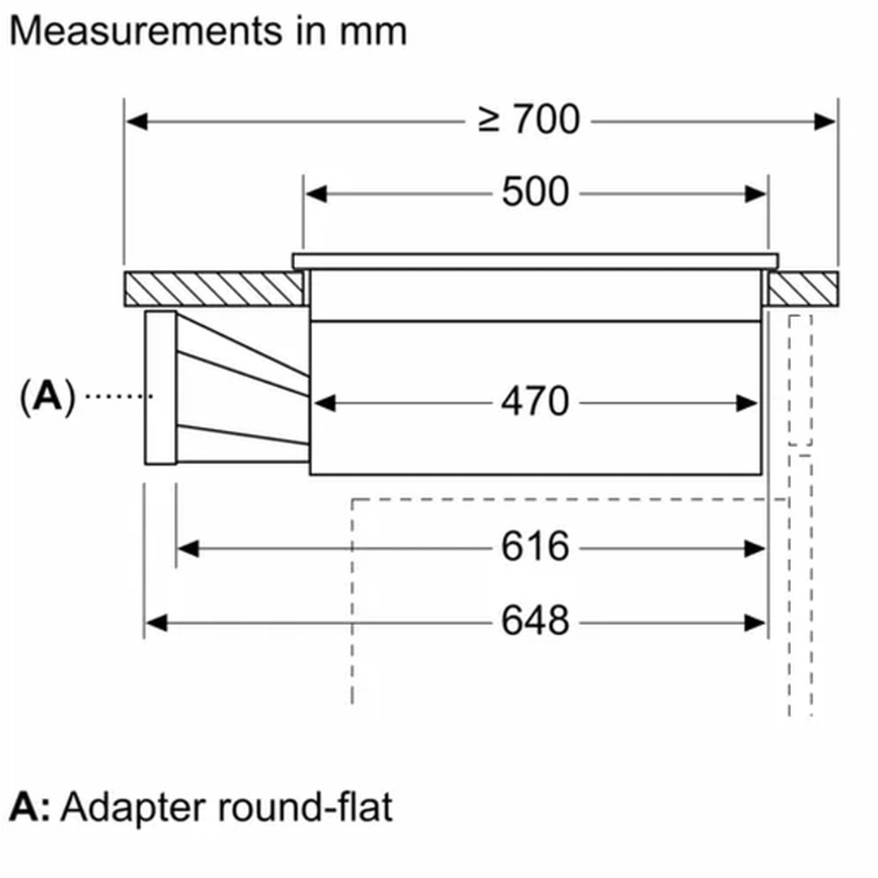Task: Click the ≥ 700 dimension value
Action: click(528, 120)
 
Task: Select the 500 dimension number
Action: click(535, 193)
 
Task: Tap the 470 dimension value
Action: click(535, 402)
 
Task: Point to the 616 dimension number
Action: click(535, 547)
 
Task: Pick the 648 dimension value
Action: click(535, 623)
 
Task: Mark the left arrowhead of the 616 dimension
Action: click(188, 549)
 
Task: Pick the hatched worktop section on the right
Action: click(802, 289)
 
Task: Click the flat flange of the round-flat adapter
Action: click(160, 388)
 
